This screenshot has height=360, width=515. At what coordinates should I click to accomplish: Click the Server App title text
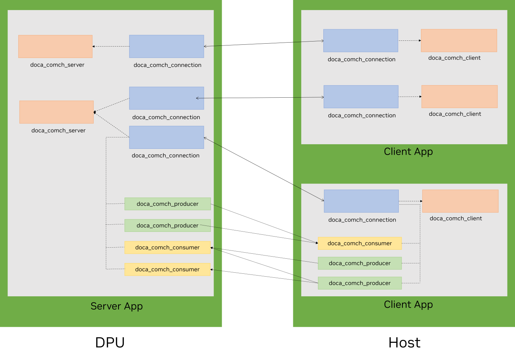[x=117, y=306]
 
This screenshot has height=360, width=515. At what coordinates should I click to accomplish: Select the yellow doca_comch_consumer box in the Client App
[x=359, y=243]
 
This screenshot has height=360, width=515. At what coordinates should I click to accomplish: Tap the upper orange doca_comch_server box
[x=55, y=47]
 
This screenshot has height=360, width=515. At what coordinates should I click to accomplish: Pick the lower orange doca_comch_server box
[x=57, y=112]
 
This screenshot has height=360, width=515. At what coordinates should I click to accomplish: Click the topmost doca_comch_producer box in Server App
[x=167, y=204]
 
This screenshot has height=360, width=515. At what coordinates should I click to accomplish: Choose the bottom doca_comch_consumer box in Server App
[x=167, y=269]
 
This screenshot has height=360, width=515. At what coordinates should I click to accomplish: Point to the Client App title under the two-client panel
[x=408, y=152]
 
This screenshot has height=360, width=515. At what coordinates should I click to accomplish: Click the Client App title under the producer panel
[x=408, y=305]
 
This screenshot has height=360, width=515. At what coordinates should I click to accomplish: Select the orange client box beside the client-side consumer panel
[x=460, y=201]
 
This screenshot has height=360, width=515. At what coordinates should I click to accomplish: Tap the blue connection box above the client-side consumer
[x=361, y=201]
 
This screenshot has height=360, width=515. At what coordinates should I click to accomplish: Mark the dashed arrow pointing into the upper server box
[x=111, y=47]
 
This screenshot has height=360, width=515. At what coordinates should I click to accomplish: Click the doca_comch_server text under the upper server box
[x=57, y=65]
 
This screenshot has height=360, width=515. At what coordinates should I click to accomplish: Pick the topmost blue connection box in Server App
[x=166, y=47]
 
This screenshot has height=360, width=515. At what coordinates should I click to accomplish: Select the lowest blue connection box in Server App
[x=166, y=137]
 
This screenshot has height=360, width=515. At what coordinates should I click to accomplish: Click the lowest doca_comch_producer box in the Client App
[x=359, y=283]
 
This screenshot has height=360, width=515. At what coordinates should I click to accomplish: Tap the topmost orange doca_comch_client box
[x=459, y=40]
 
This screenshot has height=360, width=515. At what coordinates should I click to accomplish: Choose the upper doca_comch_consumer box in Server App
[x=167, y=248]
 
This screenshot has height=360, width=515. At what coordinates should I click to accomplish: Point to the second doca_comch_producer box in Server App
[x=167, y=225]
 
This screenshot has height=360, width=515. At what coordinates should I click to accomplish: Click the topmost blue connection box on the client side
[x=360, y=40]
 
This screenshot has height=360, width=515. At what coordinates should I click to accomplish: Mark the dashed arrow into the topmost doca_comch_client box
[x=409, y=40]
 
